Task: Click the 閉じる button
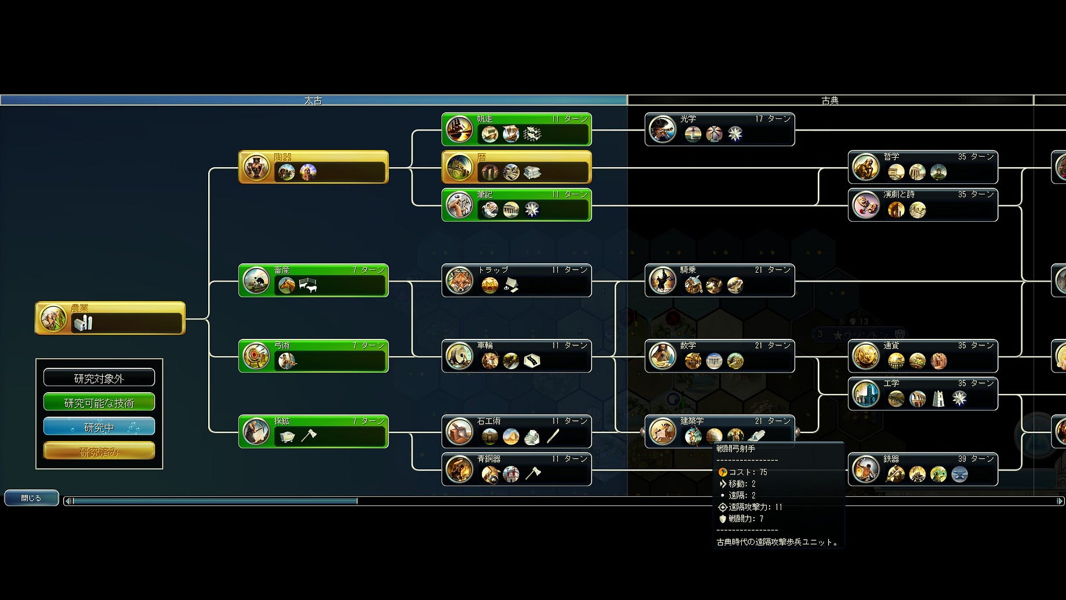pos(31,498)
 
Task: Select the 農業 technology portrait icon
pos(53,319)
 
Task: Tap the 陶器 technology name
pos(283,157)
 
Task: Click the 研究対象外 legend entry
pos(99,378)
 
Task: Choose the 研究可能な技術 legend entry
pos(99,403)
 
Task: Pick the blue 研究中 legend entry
pos(99,427)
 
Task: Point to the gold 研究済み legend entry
pos(99,451)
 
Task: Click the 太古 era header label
pos(313,100)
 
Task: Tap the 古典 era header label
pos(830,100)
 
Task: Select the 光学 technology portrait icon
pos(662,129)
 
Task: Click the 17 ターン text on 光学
pos(773,119)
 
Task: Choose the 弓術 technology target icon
pos(256,356)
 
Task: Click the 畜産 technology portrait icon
pos(256,281)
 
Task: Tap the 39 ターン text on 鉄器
pos(976,459)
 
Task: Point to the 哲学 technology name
pos(891,157)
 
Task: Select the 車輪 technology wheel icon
pos(459,356)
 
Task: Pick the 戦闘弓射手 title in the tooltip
pos(735,449)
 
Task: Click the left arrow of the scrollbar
pos(68,501)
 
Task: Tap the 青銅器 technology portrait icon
pos(459,469)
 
